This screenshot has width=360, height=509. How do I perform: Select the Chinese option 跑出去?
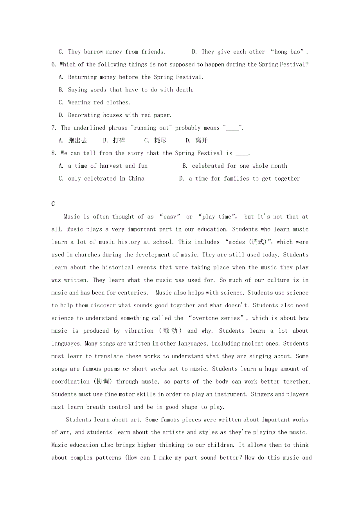coord(77,140)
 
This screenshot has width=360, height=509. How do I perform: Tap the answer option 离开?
coord(202,140)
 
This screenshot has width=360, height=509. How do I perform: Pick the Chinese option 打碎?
coord(119,140)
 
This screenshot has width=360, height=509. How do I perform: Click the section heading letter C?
coord(53,204)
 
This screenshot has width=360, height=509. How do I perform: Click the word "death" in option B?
coord(184,90)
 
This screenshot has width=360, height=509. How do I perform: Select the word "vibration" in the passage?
coord(139,331)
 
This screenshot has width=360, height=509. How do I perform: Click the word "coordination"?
coord(70,382)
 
